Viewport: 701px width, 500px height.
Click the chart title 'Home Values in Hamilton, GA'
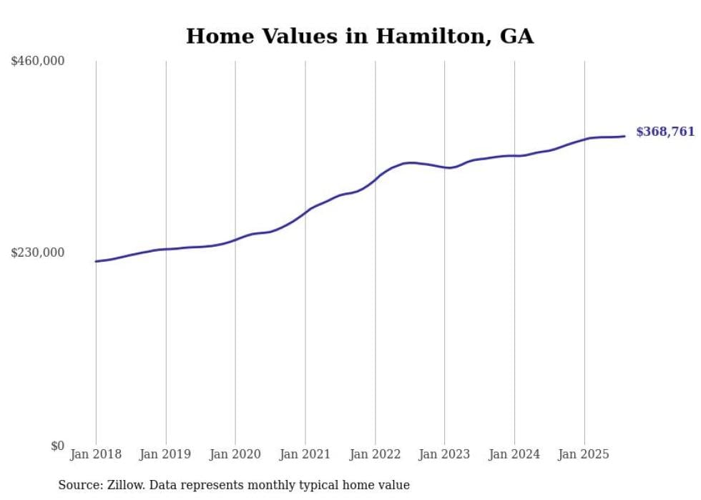click(x=360, y=36)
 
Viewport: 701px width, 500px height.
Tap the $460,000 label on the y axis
click(x=38, y=62)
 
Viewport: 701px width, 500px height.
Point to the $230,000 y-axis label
click(x=38, y=253)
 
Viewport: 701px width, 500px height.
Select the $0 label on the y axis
click(x=57, y=446)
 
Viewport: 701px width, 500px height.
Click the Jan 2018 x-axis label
click(x=96, y=454)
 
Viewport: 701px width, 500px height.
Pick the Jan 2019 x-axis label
click(x=166, y=454)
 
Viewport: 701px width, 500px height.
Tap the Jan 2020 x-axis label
click(x=235, y=454)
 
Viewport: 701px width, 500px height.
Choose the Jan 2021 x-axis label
click(x=305, y=454)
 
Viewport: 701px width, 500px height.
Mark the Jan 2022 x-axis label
click(x=375, y=454)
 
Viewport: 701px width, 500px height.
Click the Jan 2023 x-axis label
click(x=444, y=454)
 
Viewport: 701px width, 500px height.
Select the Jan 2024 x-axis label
click(x=514, y=454)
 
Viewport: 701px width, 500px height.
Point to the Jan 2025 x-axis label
click(x=584, y=454)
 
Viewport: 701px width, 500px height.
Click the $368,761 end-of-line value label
click(x=665, y=132)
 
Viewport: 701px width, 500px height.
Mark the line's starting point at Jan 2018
click(x=96, y=261)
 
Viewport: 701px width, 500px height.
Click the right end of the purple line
click(x=624, y=136)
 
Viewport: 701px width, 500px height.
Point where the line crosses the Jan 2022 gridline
click(x=375, y=177)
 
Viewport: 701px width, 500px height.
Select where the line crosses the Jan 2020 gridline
click(x=235, y=240)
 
